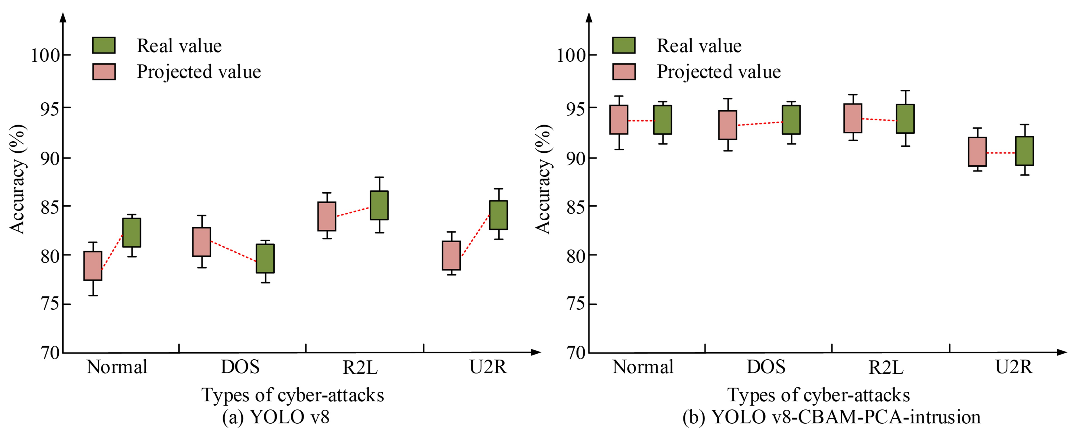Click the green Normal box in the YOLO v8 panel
131,233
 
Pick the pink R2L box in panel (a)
327,216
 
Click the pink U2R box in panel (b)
977,152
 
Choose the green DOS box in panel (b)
791,120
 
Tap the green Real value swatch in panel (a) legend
104,45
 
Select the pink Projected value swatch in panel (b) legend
624,72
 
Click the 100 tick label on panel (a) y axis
45,55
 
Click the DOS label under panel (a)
240,367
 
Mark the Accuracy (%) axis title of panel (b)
543,179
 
